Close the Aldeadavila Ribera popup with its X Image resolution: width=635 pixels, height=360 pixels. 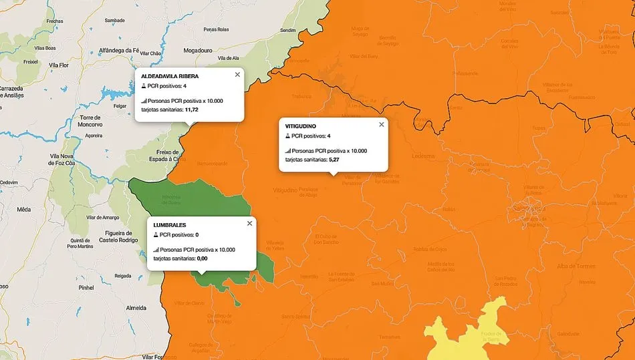click(237, 75)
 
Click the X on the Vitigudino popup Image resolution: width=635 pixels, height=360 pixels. click(382, 124)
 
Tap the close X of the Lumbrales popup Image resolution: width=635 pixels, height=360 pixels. click(249, 223)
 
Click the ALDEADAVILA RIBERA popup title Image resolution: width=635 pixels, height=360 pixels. click(170, 76)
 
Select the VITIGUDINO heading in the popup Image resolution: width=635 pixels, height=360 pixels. click(301, 126)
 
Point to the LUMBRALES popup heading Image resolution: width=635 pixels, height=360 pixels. click(170, 225)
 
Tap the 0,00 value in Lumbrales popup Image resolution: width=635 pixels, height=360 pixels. click(203, 258)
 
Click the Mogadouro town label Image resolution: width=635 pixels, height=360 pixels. click(197, 50)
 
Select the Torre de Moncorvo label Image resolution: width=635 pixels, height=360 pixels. click(90, 121)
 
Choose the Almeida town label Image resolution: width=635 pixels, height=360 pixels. click(136, 308)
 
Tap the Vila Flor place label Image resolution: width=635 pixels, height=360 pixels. click(59, 65)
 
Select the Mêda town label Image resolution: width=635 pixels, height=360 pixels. click(23, 209)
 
